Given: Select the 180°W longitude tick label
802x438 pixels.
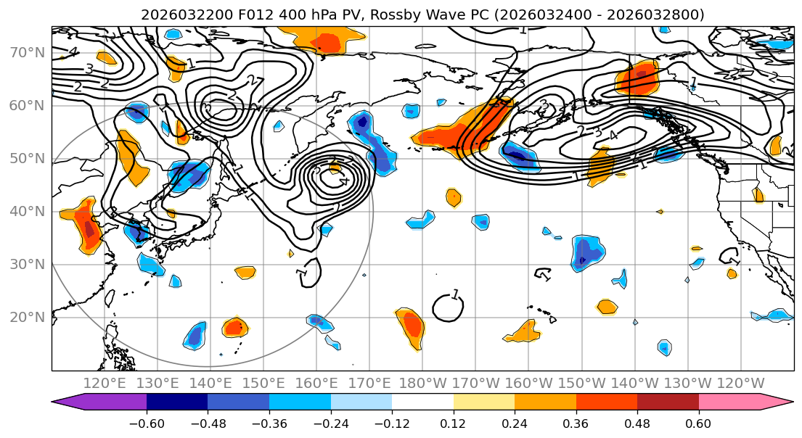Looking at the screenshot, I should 423,383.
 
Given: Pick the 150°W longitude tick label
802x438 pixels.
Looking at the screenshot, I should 582,383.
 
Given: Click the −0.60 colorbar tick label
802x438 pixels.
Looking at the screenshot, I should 147,422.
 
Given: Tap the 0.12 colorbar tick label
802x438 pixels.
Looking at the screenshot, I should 453,422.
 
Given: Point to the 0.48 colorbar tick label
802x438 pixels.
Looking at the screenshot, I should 637,422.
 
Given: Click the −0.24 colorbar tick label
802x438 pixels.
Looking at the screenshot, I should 330,422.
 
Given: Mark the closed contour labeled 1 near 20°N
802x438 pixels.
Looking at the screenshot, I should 448,307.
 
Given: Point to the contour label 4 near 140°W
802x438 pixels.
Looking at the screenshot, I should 613,136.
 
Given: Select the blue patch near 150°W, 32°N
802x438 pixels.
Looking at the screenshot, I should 586,252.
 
